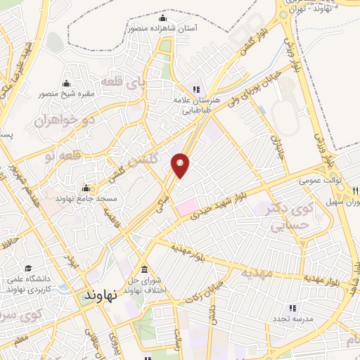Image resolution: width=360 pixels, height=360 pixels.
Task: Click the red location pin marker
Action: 181,165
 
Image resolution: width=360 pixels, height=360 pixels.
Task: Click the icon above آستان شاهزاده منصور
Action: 163,18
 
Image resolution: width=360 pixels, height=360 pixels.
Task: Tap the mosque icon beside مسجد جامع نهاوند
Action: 86,188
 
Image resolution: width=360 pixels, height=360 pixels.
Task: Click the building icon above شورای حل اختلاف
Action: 144,270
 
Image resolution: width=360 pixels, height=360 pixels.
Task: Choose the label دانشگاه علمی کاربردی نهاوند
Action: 27,283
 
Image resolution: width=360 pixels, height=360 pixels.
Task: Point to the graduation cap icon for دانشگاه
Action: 29,268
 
